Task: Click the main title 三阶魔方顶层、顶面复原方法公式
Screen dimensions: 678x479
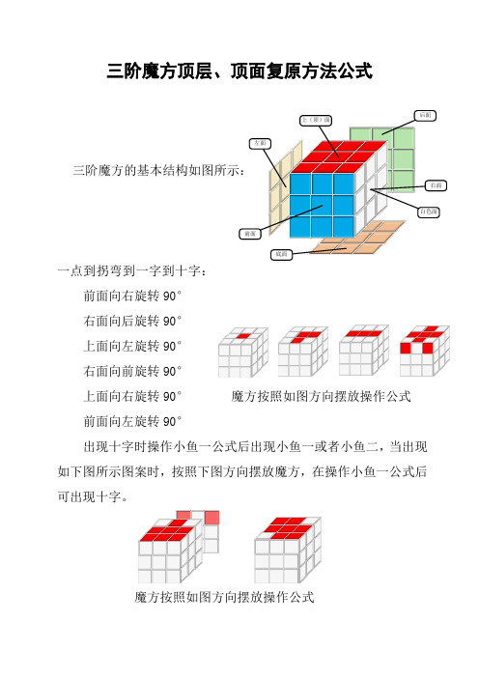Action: point(239,71)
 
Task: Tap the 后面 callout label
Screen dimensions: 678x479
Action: point(426,116)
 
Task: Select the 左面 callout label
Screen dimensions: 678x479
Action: point(260,144)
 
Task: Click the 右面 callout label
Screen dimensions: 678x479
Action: point(437,185)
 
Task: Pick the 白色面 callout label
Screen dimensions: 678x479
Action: point(431,211)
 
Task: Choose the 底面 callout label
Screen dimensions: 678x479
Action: point(280,255)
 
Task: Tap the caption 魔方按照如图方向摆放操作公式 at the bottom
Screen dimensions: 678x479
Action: point(224,598)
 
